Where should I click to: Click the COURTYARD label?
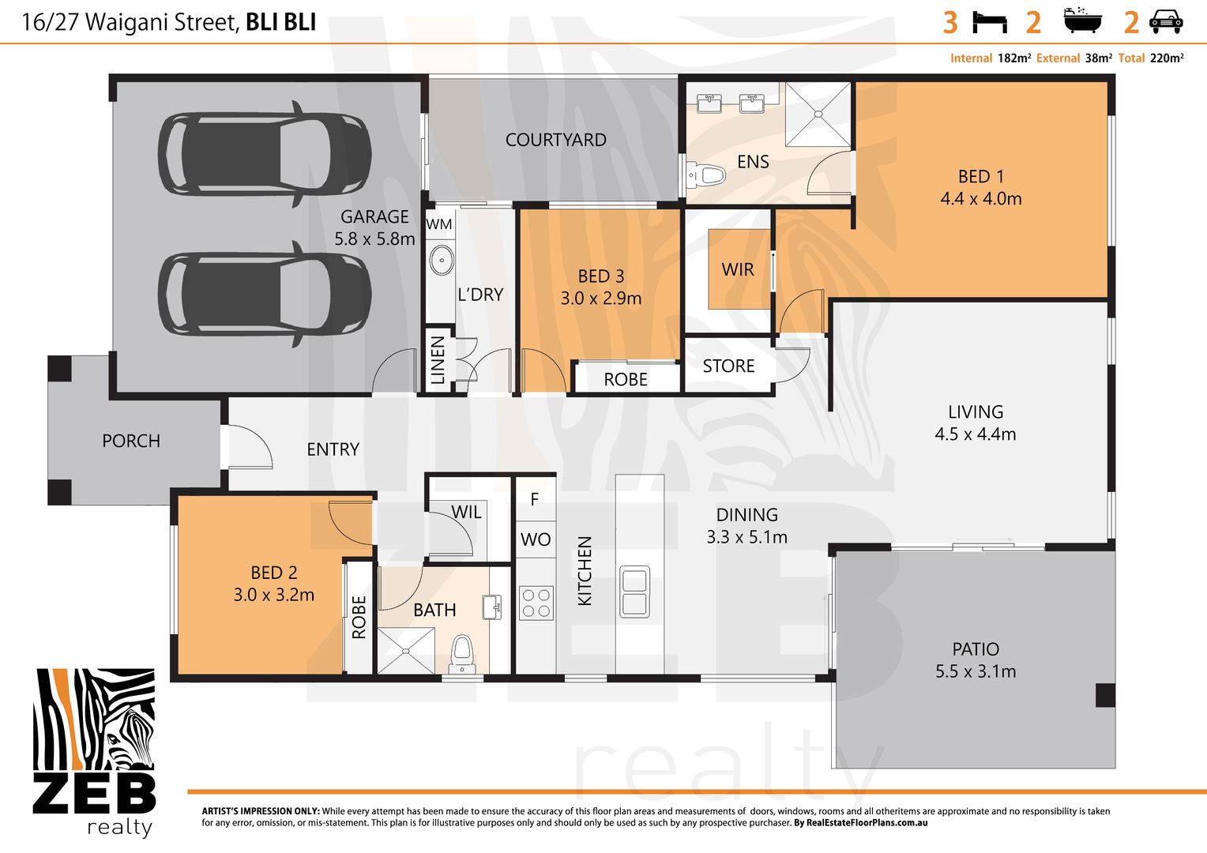(x=555, y=140)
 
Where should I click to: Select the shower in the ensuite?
(x=818, y=115)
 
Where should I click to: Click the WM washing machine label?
(x=438, y=224)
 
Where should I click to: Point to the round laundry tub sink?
(x=442, y=261)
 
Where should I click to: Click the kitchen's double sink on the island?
(x=634, y=591)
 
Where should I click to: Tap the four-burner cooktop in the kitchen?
(x=536, y=603)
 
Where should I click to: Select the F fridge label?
(x=535, y=499)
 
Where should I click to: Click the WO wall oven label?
(x=536, y=539)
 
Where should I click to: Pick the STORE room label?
(x=728, y=366)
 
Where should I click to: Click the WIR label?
(x=738, y=269)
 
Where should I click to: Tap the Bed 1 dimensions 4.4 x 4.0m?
(x=981, y=199)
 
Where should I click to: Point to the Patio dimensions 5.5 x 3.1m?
(x=976, y=671)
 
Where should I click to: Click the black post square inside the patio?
(x=1105, y=695)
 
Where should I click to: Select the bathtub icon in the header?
(x=1082, y=21)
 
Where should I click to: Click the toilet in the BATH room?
(x=462, y=654)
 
